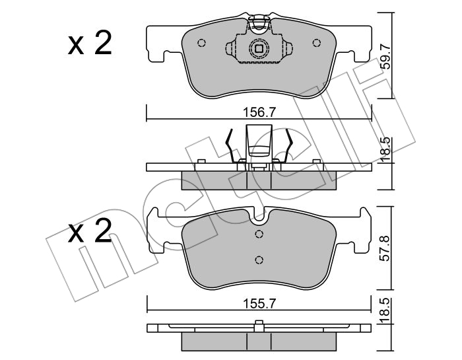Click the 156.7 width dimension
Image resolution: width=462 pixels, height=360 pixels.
259,112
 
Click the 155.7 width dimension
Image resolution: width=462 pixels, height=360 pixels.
259,303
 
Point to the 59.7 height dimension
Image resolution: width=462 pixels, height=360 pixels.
385,55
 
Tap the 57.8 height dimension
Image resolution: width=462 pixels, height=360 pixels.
385,248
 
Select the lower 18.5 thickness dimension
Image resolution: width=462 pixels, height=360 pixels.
385,310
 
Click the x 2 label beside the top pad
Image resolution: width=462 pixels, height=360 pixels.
90,44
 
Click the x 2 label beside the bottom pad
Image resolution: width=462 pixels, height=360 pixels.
90,231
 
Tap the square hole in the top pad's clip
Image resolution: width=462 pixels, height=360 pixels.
259,48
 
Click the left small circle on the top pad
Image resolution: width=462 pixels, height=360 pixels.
201,43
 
